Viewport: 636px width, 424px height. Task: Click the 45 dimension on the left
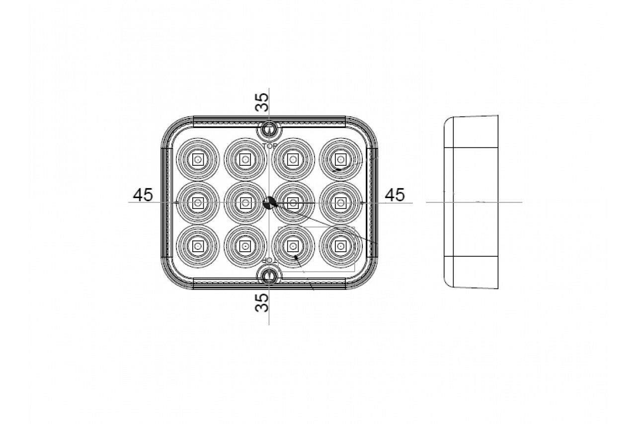pos(143,195)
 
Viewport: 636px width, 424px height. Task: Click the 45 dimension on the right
pos(395,195)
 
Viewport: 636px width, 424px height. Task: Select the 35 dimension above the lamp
pos(262,102)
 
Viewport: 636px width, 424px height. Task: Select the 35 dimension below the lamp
pos(262,302)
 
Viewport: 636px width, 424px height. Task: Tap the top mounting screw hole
pos(269,131)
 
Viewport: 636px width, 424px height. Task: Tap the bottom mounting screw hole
pos(269,276)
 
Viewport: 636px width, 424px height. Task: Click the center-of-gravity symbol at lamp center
pos(269,203)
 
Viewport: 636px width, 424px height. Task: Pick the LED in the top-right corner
pos(340,159)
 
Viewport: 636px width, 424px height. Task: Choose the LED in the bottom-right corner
pos(340,246)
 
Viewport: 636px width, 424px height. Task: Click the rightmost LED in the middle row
pos(340,202)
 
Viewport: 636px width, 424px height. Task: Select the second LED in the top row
pos(245,159)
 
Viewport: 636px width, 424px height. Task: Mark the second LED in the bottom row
pos(245,246)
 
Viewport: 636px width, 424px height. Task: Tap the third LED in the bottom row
pos(293,246)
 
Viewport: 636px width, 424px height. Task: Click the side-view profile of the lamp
pos(471,202)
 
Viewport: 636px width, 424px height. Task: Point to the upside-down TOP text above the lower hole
pos(268,261)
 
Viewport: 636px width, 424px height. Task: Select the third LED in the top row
pos(293,159)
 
